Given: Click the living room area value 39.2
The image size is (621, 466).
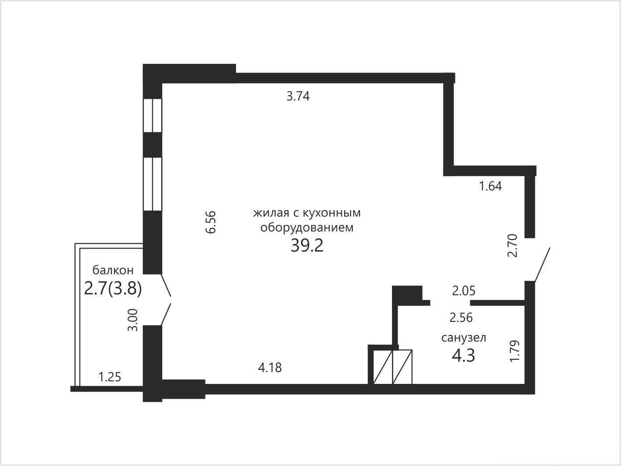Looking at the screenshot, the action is coord(307,246).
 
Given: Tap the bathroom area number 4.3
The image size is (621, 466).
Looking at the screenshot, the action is coord(463,356).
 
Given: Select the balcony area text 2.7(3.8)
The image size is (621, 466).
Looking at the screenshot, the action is coord(113,289).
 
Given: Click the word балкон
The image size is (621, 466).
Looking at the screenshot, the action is coord(113,270).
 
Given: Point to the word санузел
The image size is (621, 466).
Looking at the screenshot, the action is coord(464,338).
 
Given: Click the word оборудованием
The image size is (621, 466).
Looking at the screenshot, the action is coord(307,228).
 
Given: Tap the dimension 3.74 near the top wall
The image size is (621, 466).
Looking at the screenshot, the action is coord(298,97).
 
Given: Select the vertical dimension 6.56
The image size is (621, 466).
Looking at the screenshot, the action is coord(211,222).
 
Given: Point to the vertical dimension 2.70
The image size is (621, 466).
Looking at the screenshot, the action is coord(512,245).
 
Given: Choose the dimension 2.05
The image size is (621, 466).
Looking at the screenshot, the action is coord(464,291).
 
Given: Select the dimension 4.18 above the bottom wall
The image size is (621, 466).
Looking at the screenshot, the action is coord(270,368).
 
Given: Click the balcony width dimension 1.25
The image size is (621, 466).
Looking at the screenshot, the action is coord(110,377).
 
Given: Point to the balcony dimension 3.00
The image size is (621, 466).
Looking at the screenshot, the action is coord(133,320).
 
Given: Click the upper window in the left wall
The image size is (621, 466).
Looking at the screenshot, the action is coord(153,115).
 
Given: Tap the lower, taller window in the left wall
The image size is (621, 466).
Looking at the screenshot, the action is coord(153,184).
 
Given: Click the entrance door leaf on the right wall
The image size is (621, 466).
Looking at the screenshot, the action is coord(542,265).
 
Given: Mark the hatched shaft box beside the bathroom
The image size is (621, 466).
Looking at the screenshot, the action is coord(393,367).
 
